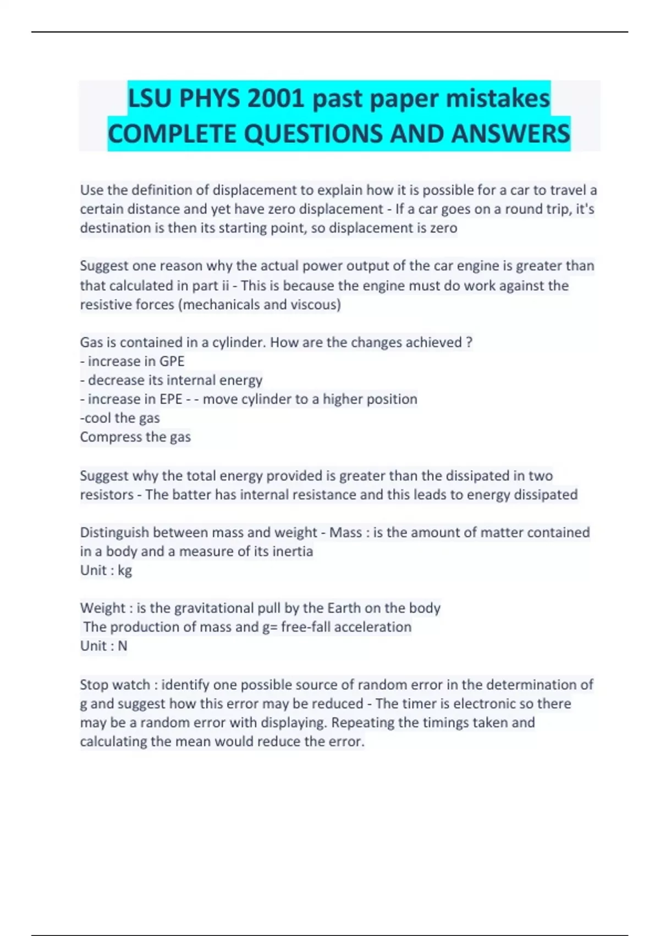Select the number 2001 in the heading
(276, 99)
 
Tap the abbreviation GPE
(172, 361)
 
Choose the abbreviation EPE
(170, 399)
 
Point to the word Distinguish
(114, 532)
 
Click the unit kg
(125, 570)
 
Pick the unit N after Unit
(123, 646)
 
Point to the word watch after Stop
(132, 684)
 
